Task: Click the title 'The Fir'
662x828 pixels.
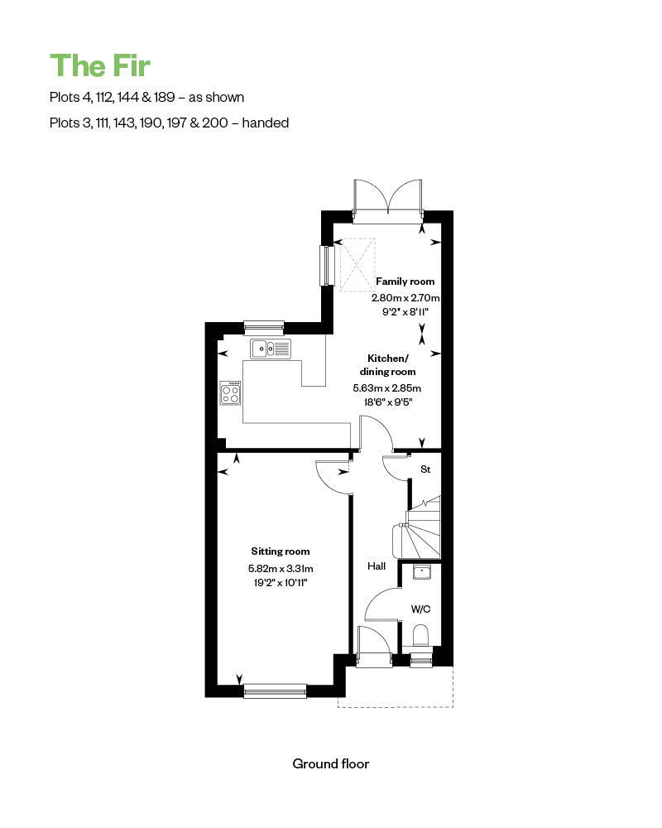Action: pyautogui.click(x=100, y=65)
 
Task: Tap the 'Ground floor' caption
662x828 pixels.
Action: pyautogui.click(x=331, y=763)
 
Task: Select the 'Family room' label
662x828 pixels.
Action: pyautogui.click(x=405, y=282)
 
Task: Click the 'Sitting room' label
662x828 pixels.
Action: pyautogui.click(x=281, y=551)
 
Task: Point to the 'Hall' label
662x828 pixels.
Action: pyautogui.click(x=377, y=566)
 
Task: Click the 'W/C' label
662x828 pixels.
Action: pyautogui.click(x=421, y=609)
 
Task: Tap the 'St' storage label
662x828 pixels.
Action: pyautogui.click(x=425, y=469)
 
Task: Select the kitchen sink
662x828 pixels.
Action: pyautogui.click(x=271, y=349)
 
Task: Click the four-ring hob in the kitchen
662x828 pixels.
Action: pyautogui.click(x=230, y=392)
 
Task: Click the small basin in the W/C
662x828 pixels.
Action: pyautogui.click(x=421, y=571)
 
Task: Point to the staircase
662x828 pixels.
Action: pyautogui.click(x=423, y=530)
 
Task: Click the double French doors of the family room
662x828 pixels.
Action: pyautogui.click(x=387, y=202)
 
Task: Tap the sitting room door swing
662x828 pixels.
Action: pyautogui.click(x=333, y=476)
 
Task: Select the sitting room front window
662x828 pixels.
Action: pyautogui.click(x=275, y=691)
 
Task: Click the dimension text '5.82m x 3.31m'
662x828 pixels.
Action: pyautogui.click(x=281, y=569)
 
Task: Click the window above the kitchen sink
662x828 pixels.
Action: pyautogui.click(x=264, y=326)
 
